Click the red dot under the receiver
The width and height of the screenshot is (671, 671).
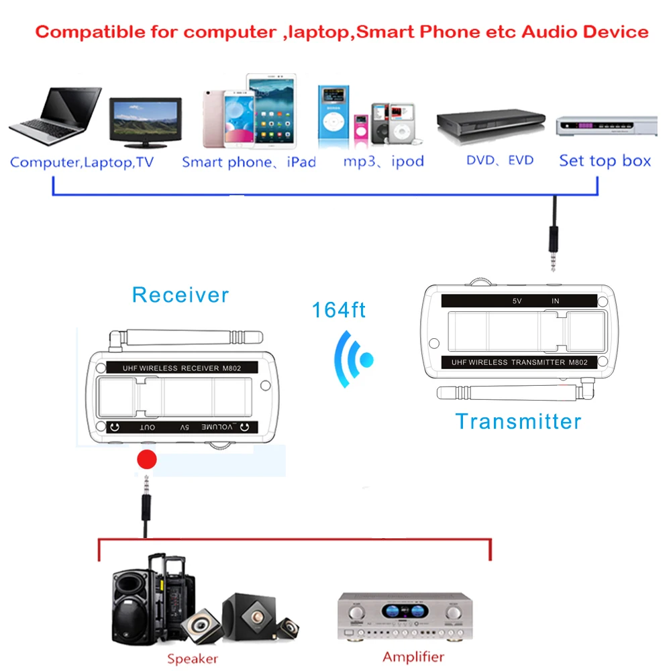click(x=146, y=460)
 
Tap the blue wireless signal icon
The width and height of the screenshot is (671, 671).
click(x=355, y=359)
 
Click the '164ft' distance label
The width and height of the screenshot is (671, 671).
click(x=339, y=310)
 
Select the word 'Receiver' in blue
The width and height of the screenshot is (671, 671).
click(x=180, y=295)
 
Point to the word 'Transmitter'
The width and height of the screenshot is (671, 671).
click(x=518, y=421)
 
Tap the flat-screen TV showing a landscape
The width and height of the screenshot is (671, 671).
click(x=145, y=122)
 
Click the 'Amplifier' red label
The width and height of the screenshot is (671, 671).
click(x=413, y=657)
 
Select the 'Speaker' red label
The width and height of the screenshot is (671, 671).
click(x=193, y=659)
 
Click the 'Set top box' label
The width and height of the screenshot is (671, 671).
click(x=605, y=161)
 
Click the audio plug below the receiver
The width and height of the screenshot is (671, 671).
click(x=146, y=497)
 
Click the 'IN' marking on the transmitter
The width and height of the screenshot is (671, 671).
click(x=555, y=301)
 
